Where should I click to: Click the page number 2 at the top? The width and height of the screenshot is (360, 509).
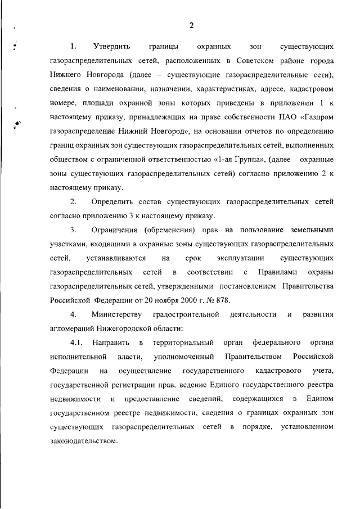tap(191, 25)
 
